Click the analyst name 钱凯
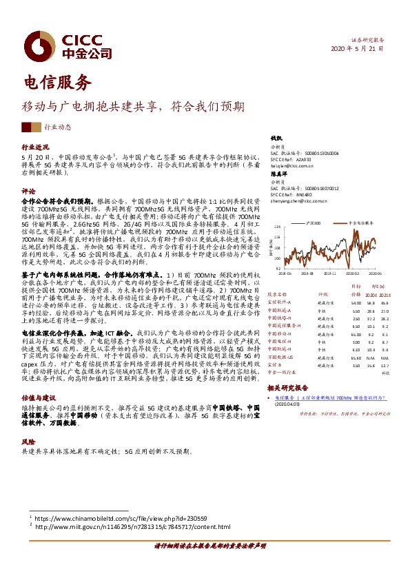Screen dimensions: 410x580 coord(276,140)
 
